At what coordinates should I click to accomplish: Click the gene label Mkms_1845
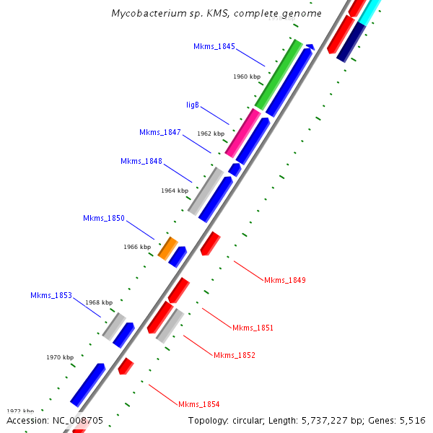[214, 46]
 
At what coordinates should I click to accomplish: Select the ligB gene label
[193, 105]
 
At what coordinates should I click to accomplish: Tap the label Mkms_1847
[160, 132]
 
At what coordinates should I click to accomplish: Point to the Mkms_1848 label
[141, 161]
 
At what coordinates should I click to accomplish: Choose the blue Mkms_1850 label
[104, 218]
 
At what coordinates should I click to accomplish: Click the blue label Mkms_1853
[51, 295]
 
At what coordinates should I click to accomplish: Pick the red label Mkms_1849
[285, 280]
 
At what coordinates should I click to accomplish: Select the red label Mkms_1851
[253, 328]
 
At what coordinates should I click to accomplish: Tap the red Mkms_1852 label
[235, 355]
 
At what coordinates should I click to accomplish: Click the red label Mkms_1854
[199, 404]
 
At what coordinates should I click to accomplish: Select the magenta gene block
[242, 133]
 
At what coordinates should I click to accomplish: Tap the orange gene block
[167, 248]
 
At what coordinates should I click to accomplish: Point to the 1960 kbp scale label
[248, 76]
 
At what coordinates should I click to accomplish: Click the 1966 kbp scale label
[137, 247]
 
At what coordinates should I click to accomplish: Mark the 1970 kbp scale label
[60, 357]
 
